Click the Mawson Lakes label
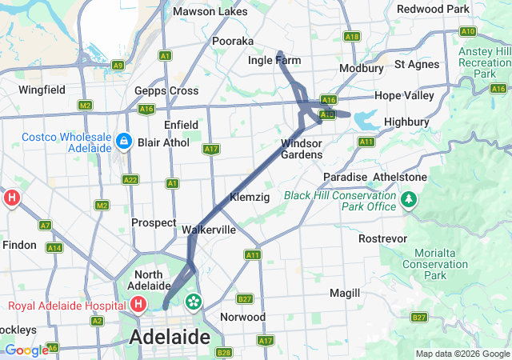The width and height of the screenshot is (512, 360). (210, 12)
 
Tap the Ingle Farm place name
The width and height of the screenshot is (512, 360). (274, 60)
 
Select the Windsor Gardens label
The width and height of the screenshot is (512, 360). (302, 149)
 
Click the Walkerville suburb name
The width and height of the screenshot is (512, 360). (209, 230)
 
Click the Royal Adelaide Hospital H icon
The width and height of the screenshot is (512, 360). (138, 304)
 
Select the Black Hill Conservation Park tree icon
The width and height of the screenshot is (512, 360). (409, 198)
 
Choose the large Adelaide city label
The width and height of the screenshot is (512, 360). (170, 336)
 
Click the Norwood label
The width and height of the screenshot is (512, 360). (242, 317)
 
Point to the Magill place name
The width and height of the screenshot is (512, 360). (345, 293)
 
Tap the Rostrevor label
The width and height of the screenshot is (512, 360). (383, 238)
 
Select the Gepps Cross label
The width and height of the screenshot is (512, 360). (166, 90)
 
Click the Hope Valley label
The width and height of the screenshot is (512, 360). (404, 95)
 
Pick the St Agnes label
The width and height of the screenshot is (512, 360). (417, 64)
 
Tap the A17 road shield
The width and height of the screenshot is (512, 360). (211, 149)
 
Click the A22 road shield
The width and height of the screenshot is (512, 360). (130, 180)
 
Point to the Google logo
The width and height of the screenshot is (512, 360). (26, 350)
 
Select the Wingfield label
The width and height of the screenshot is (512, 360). (42, 90)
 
